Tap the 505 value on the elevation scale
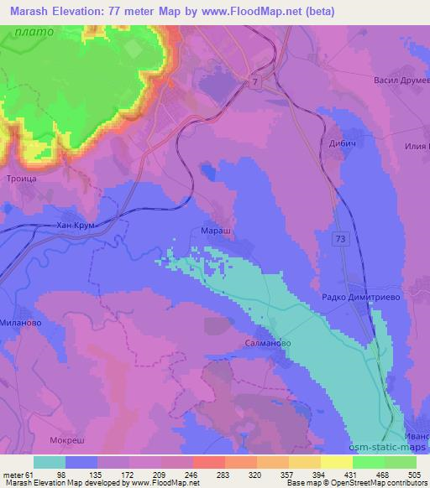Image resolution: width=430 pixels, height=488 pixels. pos(413,474)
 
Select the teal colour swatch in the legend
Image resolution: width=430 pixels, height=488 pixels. pos(50,461)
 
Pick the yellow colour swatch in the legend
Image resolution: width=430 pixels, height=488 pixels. pos(336,461)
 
